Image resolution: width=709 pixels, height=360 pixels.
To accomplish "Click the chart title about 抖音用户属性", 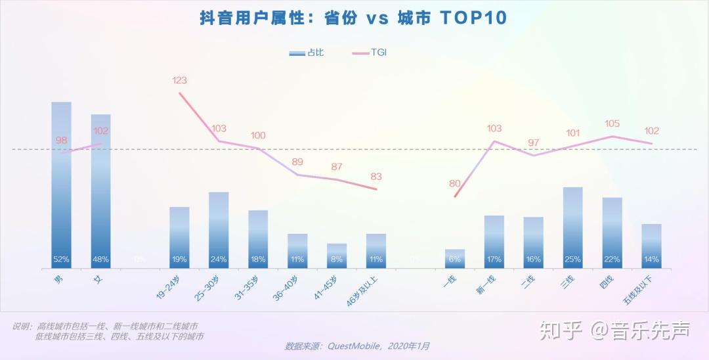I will [354, 18].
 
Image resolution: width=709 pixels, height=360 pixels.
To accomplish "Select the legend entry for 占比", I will [307, 53].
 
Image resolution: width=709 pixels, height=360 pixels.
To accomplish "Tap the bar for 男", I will [61, 184].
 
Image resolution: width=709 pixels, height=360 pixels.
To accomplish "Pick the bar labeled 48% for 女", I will [100, 191].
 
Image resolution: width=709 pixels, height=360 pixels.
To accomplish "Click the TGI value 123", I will [179, 81].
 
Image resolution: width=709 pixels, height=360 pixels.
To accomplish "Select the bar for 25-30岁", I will [219, 230].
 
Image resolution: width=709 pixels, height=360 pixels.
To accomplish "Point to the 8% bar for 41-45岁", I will [337, 256].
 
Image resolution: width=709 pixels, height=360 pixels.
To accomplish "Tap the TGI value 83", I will [376, 177].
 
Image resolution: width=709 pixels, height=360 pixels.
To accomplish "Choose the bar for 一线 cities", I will [454, 258].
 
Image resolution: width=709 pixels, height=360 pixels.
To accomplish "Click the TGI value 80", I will [454, 184].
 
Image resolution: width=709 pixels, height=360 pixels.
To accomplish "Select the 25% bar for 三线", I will [572, 227].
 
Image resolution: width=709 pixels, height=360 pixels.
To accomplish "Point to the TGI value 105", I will [612, 124].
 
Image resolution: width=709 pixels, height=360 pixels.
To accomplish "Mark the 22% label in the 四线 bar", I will [612, 259].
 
